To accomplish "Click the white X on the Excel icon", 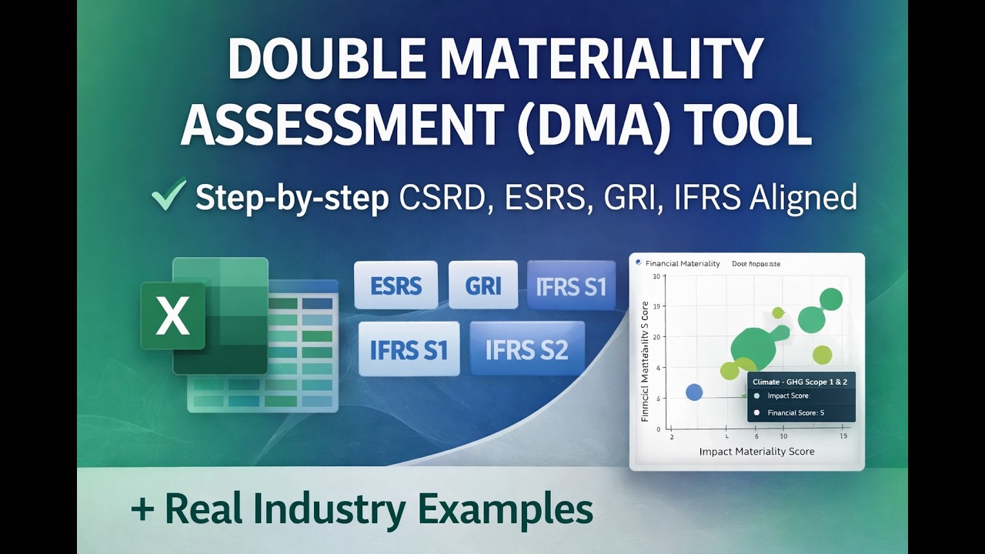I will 172,316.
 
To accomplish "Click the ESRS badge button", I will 396,286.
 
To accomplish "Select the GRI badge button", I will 482,286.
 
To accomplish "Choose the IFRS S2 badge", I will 526,349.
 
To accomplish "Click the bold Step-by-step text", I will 292,198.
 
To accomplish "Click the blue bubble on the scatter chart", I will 694,392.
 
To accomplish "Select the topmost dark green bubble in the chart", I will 830,299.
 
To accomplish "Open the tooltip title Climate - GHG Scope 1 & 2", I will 800,382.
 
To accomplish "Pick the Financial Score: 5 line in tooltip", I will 796,412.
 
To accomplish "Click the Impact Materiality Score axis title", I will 756,452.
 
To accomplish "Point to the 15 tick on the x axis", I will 843,436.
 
